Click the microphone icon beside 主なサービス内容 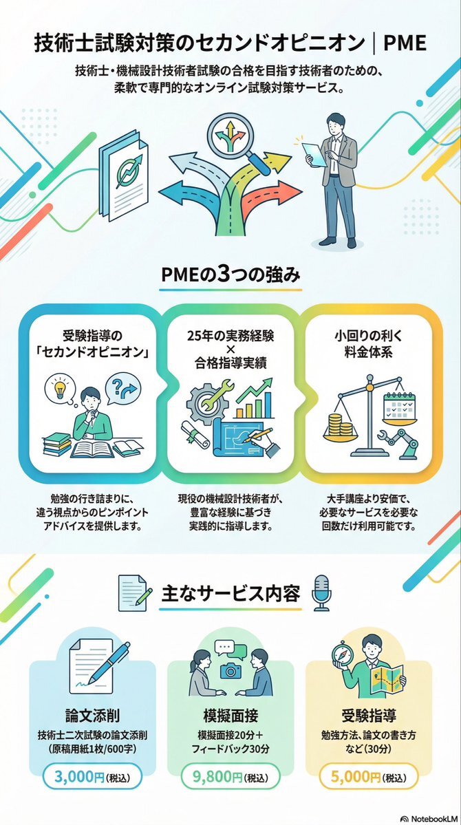pyautogui.click(x=321, y=593)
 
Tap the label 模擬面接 pyautogui.click(x=230, y=714)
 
